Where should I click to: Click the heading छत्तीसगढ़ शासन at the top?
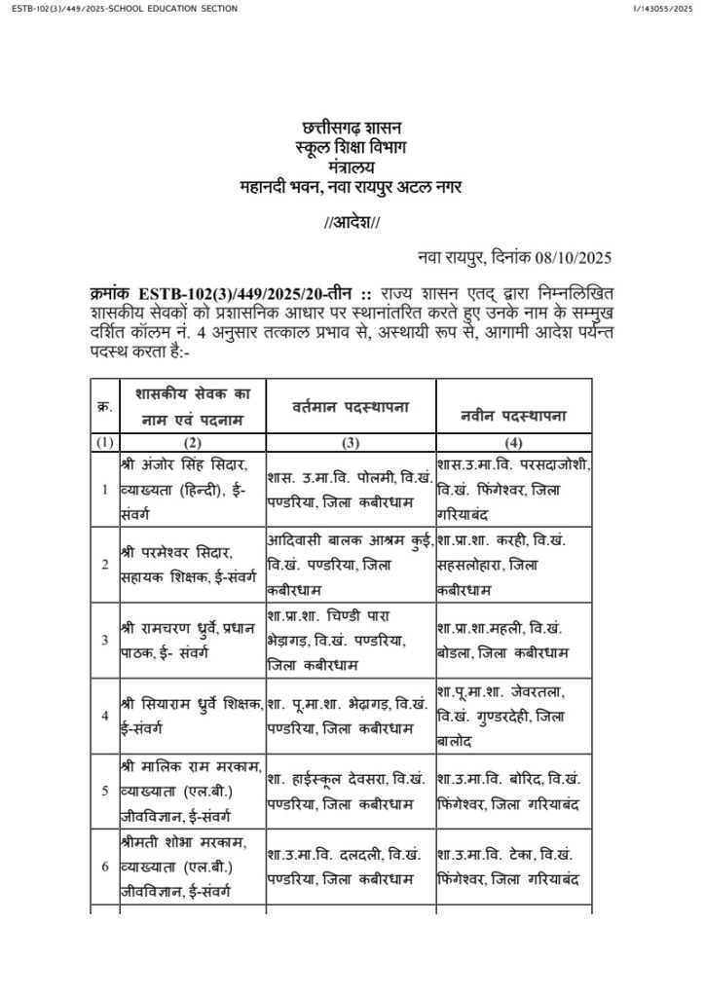[352, 129]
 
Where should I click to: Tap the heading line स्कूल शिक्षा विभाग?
[352, 147]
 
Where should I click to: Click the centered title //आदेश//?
[352, 223]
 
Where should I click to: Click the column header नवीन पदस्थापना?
[513, 416]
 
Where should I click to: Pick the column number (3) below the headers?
[349, 443]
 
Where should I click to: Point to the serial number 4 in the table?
[104, 714]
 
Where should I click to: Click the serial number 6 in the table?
[104, 863]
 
